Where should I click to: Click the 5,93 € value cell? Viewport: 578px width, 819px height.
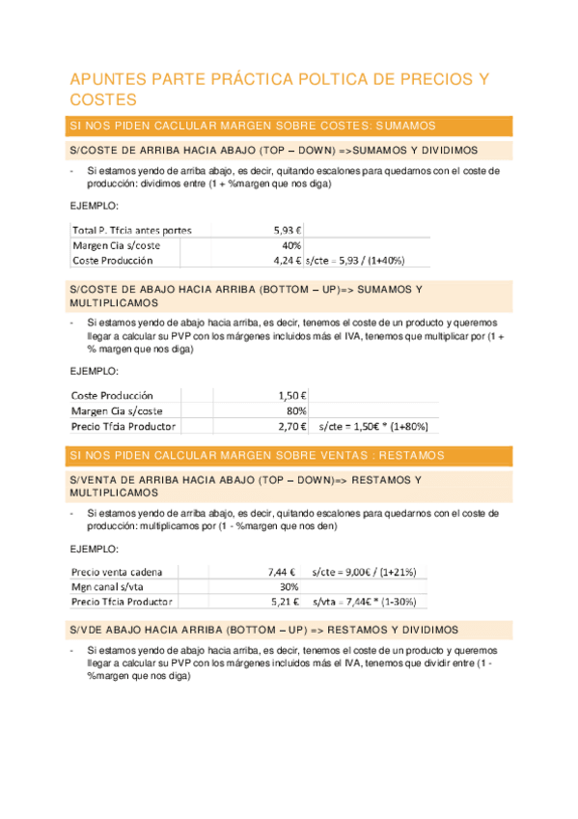(x=287, y=230)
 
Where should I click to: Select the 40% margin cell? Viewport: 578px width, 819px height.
(x=291, y=245)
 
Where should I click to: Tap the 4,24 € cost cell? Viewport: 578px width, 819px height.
(x=287, y=261)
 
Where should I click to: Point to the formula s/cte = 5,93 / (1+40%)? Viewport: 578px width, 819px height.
(x=354, y=261)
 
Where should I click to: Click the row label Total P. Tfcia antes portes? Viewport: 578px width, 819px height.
(x=131, y=230)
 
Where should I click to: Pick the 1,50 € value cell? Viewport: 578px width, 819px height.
(x=291, y=395)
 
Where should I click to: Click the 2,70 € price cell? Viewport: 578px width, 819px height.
(x=291, y=426)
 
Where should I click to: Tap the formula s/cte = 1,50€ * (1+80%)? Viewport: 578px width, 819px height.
(x=372, y=426)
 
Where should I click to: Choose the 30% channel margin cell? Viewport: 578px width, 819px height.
(x=289, y=586)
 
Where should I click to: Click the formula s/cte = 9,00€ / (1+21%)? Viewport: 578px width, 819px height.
(x=364, y=571)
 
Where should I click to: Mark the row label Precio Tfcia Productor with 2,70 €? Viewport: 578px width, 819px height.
(x=123, y=426)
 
